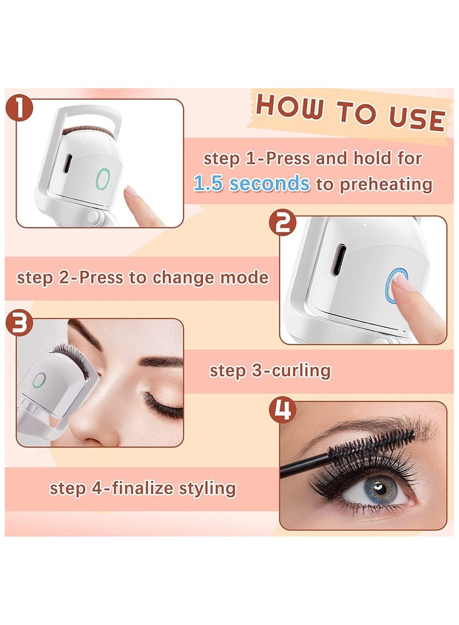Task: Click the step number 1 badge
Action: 20,109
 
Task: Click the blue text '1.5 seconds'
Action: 251,183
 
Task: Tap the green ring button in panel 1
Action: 103,179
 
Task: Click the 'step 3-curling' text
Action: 270,370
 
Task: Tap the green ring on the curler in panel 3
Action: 39,380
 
